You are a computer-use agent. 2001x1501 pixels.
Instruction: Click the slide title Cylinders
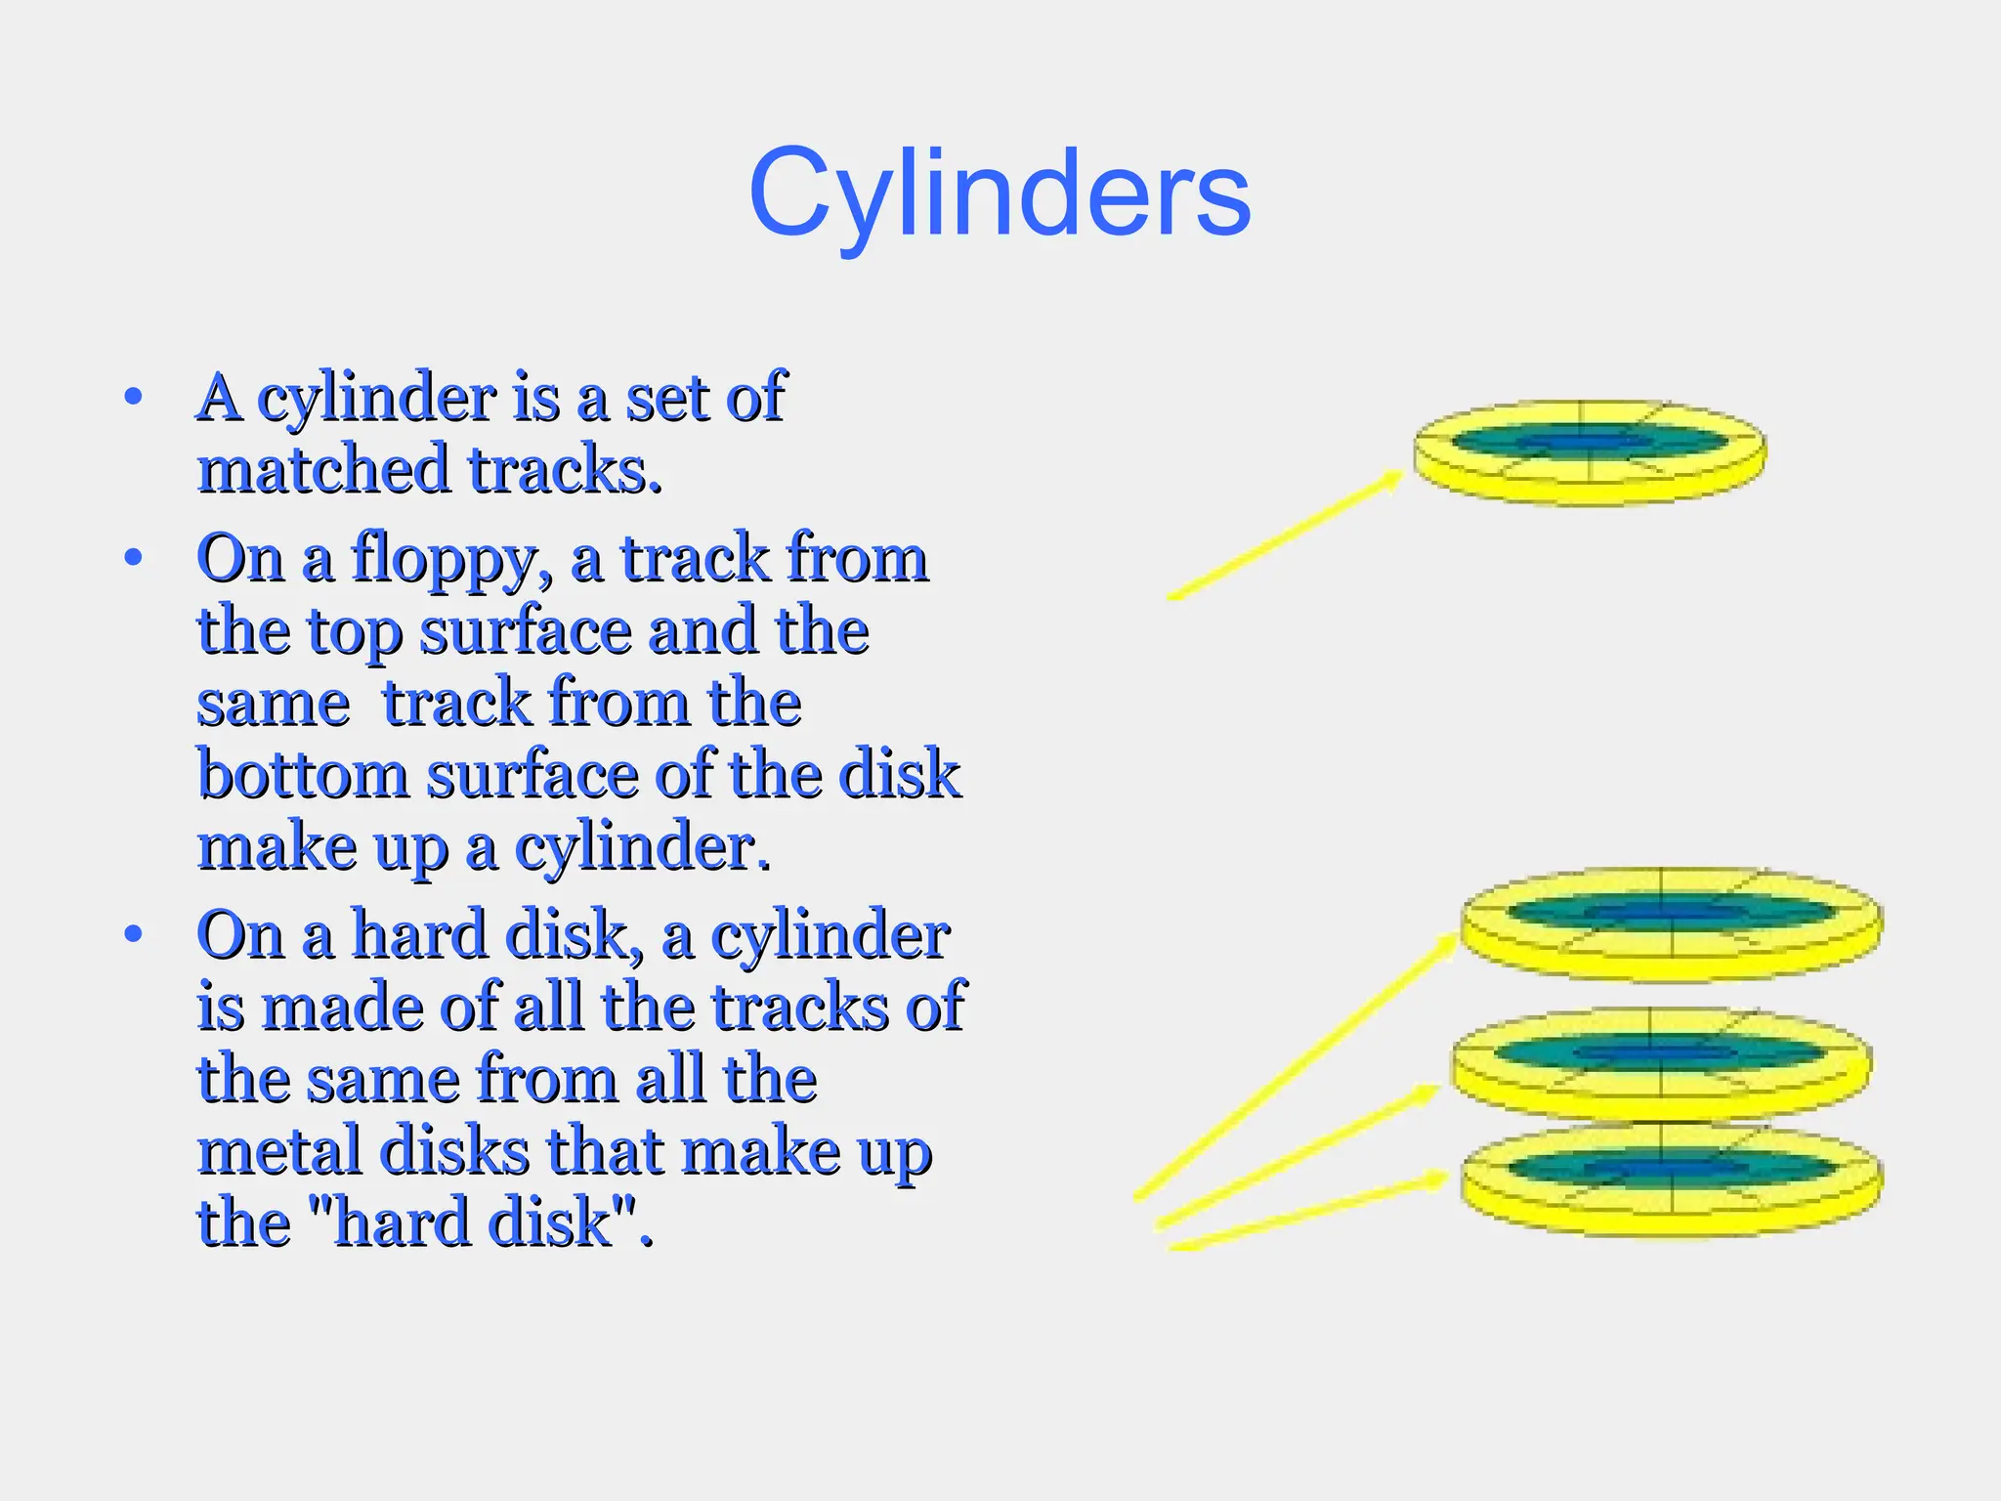click(x=999, y=193)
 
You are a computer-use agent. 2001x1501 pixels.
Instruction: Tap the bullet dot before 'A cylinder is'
click(x=134, y=398)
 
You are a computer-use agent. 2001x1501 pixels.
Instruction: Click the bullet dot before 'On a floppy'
click(x=134, y=558)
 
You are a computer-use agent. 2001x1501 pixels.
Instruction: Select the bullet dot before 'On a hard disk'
click(x=134, y=934)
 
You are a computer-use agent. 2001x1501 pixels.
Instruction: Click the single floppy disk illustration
click(x=1590, y=452)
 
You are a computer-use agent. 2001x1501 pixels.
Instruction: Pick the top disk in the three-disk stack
click(x=1671, y=923)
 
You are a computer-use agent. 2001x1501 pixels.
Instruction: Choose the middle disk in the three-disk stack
click(x=1660, y=1063)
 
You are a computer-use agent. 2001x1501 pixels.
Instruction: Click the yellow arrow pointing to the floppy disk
click(x=1285, y=535)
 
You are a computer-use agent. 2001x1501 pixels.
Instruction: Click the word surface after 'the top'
click(x=526, y=631)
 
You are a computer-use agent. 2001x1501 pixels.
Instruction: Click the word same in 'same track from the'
click(x=274, y=704)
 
